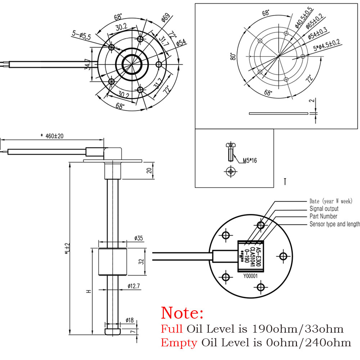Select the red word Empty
179,343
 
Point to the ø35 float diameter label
139,238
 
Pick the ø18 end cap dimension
130,320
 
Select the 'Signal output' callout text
324,209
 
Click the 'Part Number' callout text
323,216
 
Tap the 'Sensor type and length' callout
334,224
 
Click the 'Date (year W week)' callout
331,201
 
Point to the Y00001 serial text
251,276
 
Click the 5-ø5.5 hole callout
82,36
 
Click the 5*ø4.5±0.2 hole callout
327,48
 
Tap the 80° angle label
234,56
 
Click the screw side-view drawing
229,152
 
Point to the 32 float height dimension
141,261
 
